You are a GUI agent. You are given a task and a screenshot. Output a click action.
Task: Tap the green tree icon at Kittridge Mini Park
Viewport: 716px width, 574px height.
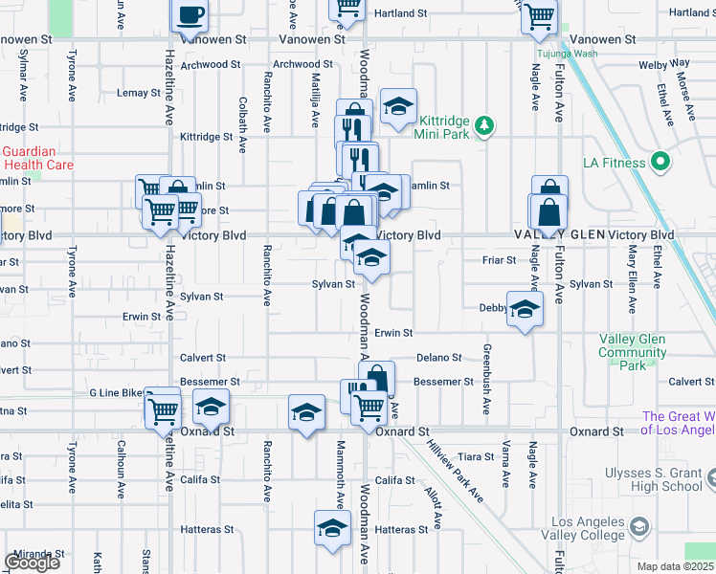pos(485,125)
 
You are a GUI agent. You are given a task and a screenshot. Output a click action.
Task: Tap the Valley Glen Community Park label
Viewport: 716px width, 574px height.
pos(633,352)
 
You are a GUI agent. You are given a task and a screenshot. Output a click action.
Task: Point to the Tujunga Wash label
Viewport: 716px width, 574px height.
pos(567,54)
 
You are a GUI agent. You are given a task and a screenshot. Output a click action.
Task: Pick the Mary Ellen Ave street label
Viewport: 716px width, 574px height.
pos(632,279)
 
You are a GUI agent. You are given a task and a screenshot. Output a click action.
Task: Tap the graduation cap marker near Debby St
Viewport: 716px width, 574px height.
pos(524,309)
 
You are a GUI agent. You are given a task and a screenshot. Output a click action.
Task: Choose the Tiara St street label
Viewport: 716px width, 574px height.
pos(475,456)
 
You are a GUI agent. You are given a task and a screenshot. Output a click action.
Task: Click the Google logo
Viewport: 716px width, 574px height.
pos(32,563)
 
